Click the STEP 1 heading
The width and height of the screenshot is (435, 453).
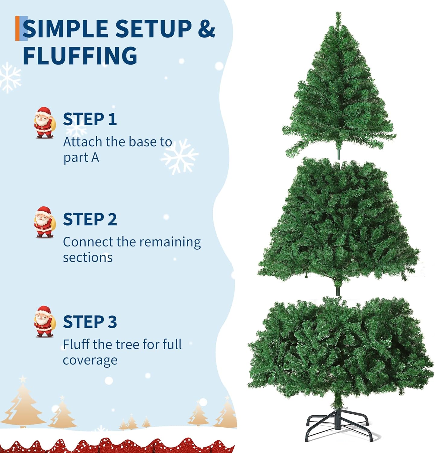pos(90,119)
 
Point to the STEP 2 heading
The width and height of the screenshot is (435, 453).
pos(90,219)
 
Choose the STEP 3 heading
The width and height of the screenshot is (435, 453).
pos(90,322)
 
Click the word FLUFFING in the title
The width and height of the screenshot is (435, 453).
pos(80,55)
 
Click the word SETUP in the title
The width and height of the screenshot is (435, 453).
pos(153,29)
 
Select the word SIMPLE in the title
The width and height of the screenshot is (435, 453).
pos(65,29)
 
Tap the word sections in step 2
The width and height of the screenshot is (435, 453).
pos(88,258)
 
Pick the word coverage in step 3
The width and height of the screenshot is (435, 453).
pos(90,361)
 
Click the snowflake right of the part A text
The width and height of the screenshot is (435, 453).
pos(180,156)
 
